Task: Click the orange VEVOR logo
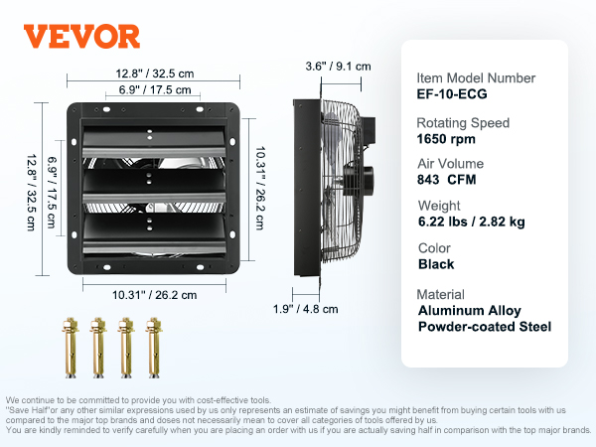pos(81,37)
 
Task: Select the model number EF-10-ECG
pos(452,94)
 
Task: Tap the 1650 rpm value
pos(446,139)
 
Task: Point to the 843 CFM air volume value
pos(447,180)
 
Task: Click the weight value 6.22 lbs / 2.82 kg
pos(471,222)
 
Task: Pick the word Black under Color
pos(436,264)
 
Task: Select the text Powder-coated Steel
pos(485,327)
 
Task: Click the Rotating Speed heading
pos(463,123)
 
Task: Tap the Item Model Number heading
pos(476,77)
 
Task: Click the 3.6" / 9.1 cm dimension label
pos(338,67)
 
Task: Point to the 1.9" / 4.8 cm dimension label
pos(305,309)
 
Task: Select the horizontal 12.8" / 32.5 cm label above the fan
pos(155,74)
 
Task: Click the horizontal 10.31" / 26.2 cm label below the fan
pos(154,295)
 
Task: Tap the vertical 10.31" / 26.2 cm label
pos(260,188)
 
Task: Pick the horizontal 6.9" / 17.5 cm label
pos(155,89)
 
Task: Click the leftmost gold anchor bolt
pos(71,348)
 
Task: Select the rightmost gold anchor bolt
pos(154,348)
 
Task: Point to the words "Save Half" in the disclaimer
pos(28,410)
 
